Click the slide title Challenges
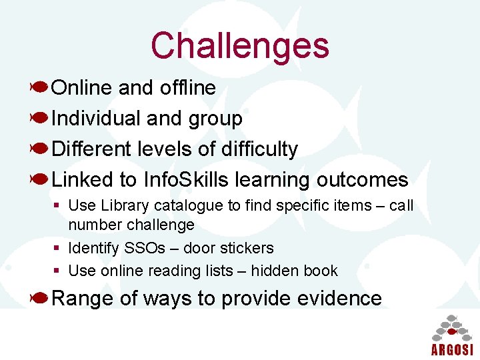240,45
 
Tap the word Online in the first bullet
82,87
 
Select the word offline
188,87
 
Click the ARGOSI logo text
451,350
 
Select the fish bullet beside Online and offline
39,87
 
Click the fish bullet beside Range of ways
39,297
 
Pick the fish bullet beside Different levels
39,148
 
